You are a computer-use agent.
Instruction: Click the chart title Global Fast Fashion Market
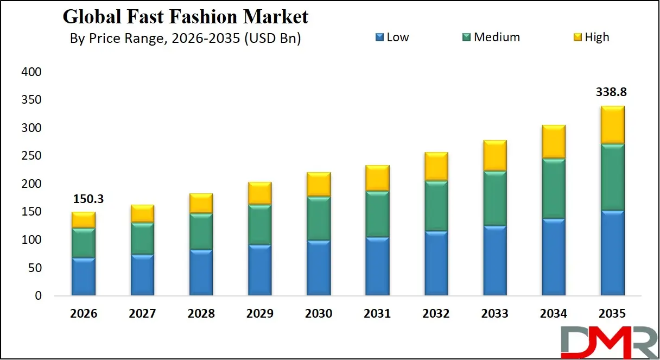[186, 17]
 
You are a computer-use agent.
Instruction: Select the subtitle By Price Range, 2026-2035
[185, 39]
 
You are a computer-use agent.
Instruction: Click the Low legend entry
[392, 37]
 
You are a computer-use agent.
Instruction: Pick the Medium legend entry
[491, 37]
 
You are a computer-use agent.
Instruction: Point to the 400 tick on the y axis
[31, 72]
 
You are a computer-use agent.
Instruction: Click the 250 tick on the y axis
[31, 156]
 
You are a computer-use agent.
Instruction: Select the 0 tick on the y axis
[38, 296]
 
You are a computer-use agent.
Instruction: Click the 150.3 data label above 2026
[88, 199]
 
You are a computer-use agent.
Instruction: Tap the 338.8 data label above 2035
[612, 92]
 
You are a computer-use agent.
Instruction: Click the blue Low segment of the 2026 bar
[84, 276]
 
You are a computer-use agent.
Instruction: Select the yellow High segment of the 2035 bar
[612, 125]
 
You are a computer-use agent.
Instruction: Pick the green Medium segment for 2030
[319, 218]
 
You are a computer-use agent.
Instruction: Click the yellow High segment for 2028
[201, 203]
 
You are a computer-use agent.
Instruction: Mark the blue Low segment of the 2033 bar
[495, 261]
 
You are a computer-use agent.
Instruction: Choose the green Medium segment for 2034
[554, 188]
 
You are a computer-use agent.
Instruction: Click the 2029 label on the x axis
[260, 314]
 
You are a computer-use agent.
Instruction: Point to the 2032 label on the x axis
[436, 314]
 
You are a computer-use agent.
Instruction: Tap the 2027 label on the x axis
[142, 314]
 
